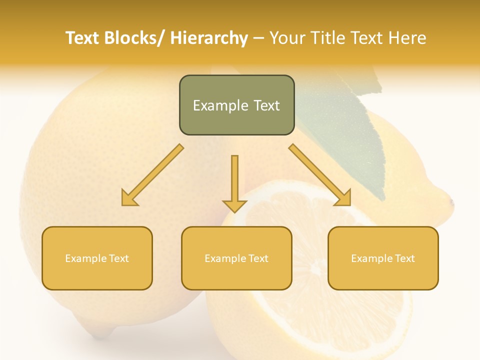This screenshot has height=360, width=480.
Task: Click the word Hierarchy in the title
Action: coord(209,38)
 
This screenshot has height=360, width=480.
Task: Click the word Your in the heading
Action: coord(287,38)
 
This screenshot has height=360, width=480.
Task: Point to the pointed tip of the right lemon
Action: coord(450,202)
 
